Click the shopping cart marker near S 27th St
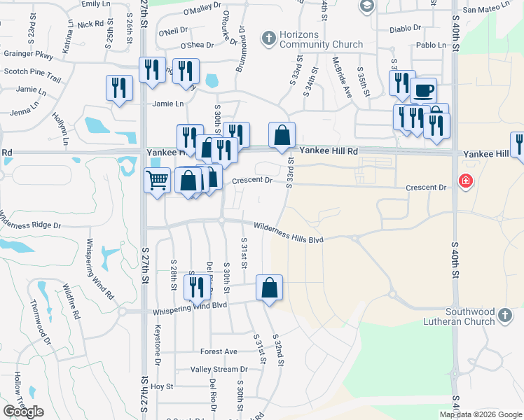click(x=157, y=181)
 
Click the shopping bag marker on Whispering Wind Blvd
click(x=269, y=288)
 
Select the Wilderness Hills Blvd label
click(x=289, y=233)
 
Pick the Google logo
click(x=24, y=411)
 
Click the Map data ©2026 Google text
click(x=481, y=414)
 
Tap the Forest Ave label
click(x=219, y=351)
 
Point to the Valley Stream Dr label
click(x=219, y=369)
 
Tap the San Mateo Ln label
click(x=490, y=10)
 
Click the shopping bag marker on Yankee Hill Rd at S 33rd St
click(x=282, y=135)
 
